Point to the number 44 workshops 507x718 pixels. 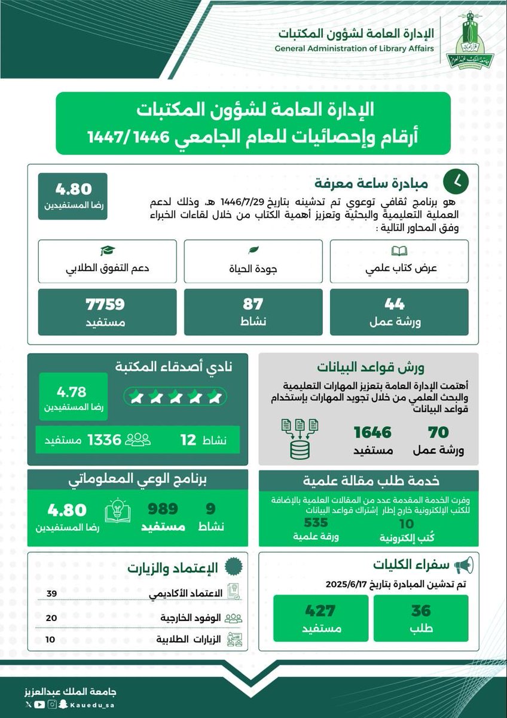coord(395,305)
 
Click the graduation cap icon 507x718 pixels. coord(107,250)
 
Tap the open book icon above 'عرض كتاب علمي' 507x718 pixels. coord(397,250)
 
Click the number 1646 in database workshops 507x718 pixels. coord(372,432)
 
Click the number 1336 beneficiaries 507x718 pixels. coord(105,440)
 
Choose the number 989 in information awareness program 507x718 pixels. coord(163,509)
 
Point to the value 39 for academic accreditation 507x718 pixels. coord(51,592)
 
